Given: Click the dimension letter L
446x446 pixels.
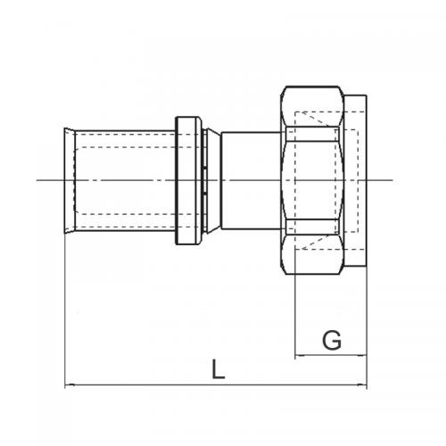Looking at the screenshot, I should [217, 368].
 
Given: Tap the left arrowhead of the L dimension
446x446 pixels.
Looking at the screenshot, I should [69, 385].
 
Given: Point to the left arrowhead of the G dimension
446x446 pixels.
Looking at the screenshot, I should [298, 355].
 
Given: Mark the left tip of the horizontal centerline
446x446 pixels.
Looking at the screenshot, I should [37, 181].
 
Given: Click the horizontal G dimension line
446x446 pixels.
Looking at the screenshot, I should [330, 355].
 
